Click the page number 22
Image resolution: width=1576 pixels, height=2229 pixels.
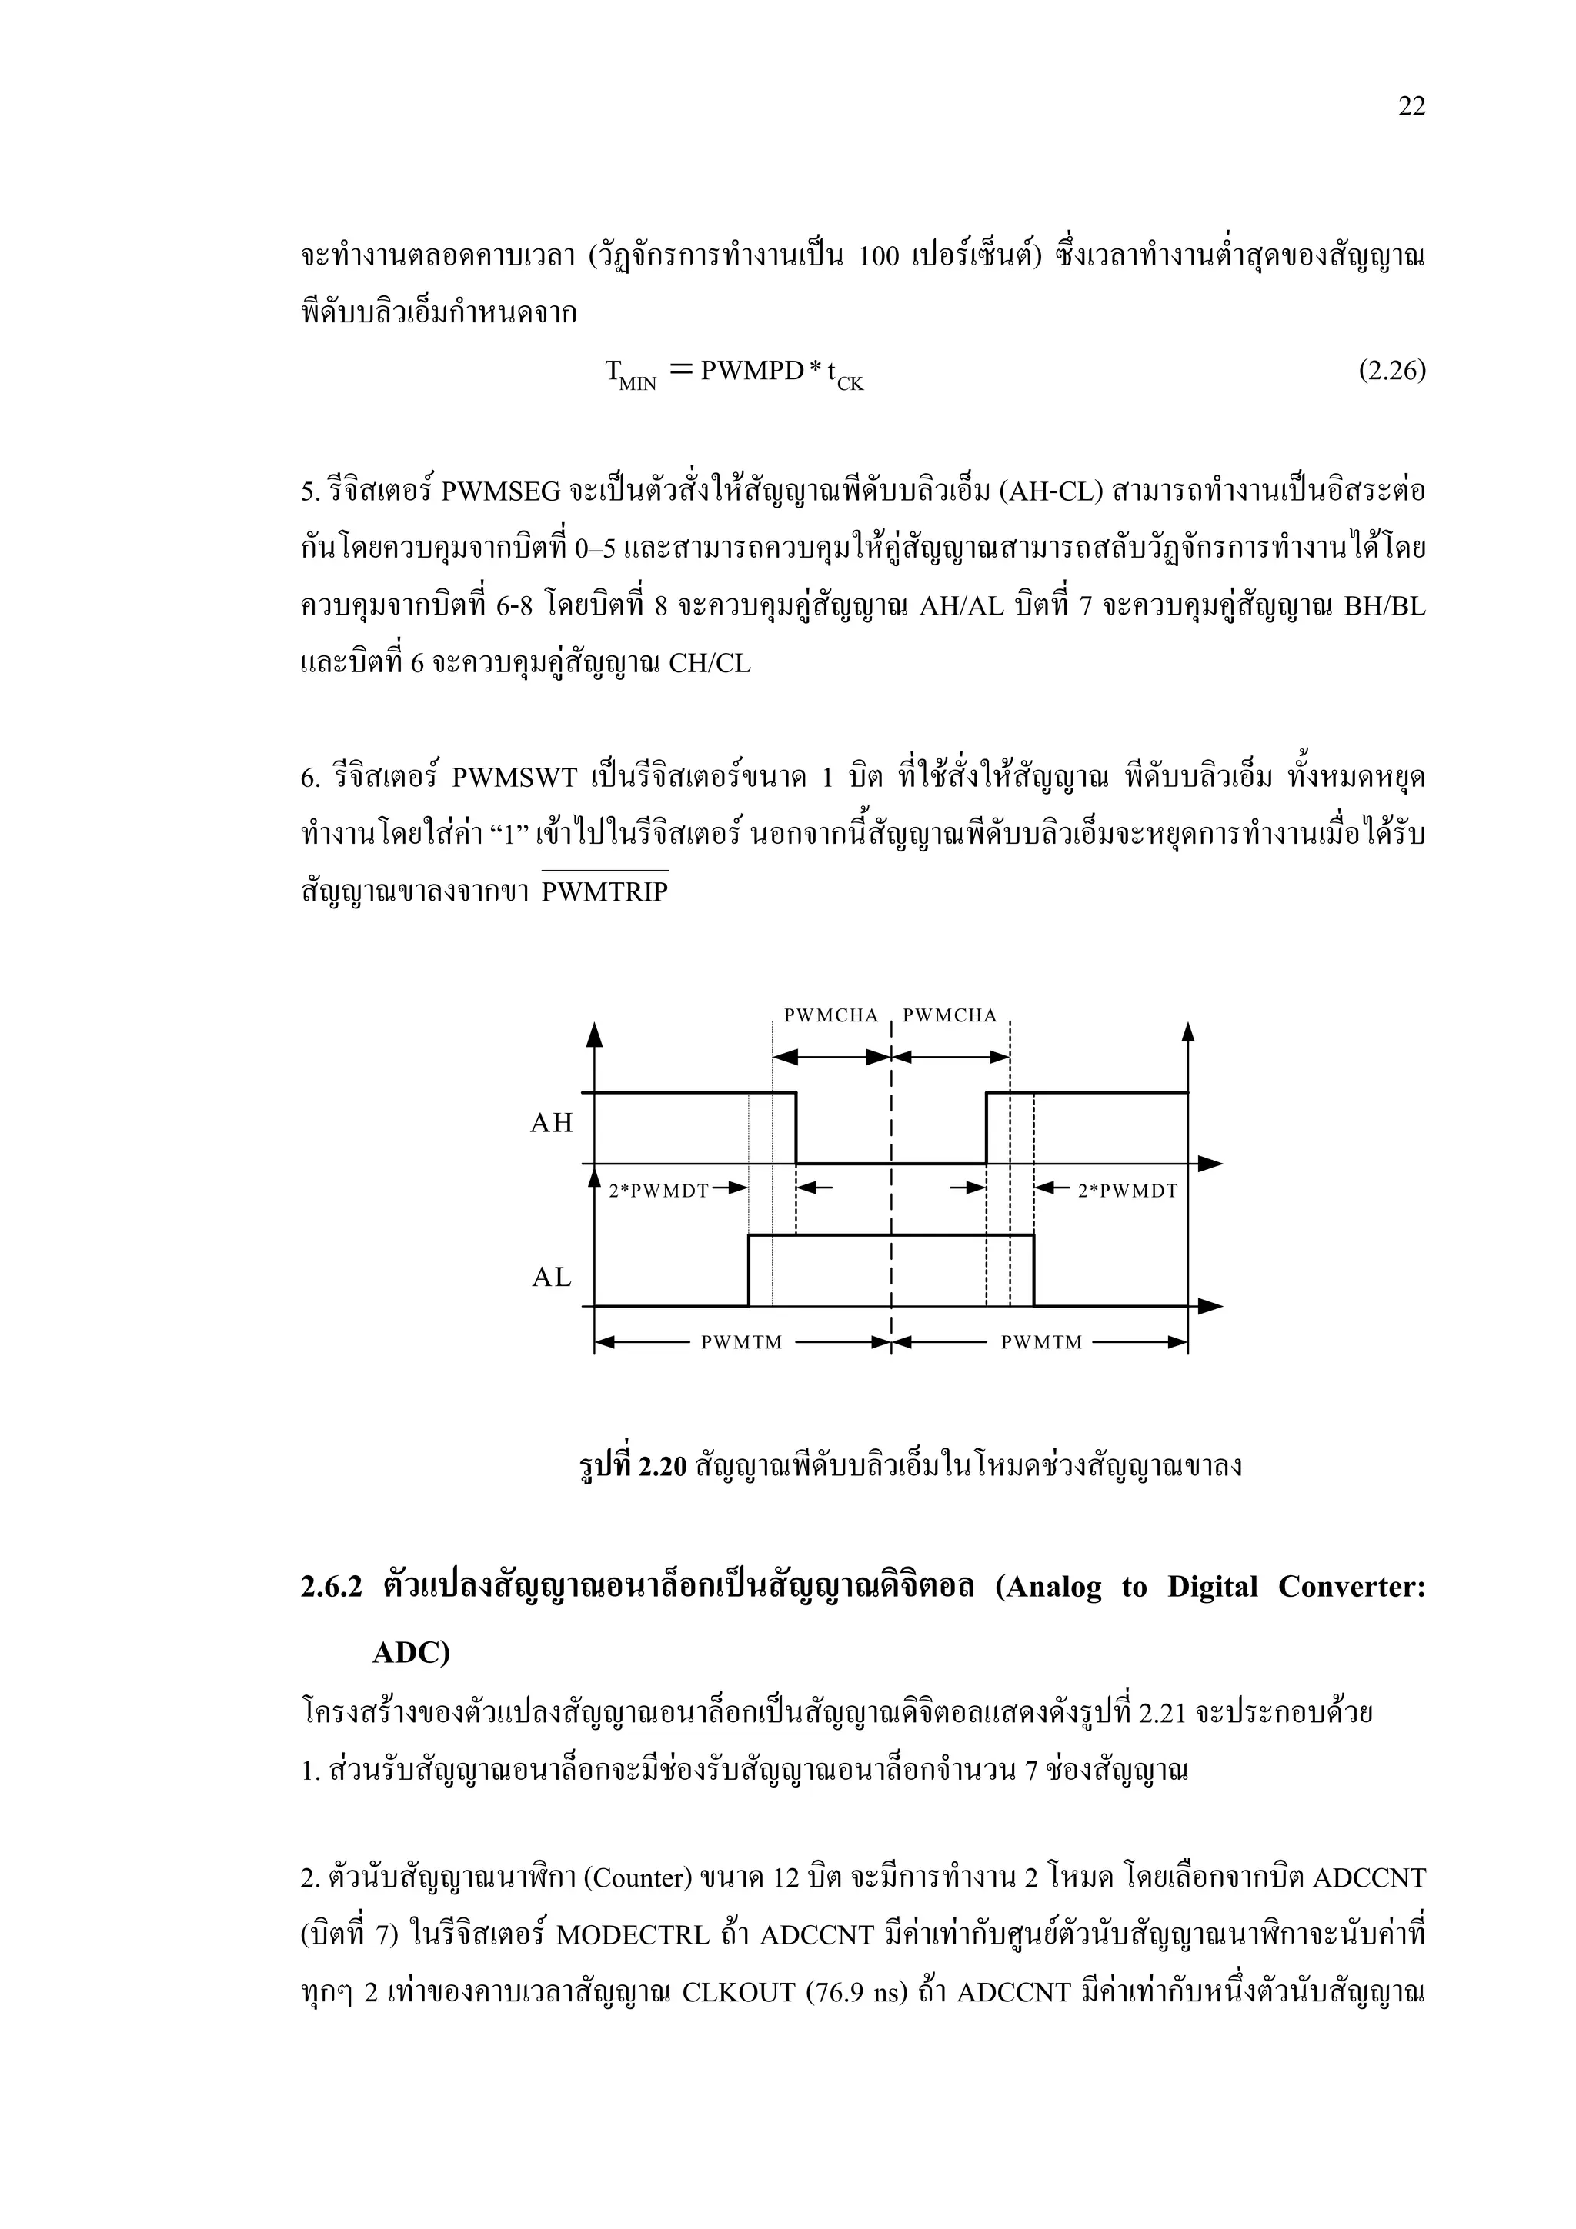tap(1411, 107)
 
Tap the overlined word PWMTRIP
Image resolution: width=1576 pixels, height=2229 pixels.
tap(605, 891)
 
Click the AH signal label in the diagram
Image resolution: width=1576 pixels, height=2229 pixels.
tap(552, 1123)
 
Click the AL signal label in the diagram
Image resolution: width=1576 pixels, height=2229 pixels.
tap(552, 1278)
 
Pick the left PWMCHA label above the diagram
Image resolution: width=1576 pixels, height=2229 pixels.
tap(830, 1015)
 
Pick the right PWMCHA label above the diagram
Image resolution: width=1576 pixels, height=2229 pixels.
tap(950, 1015)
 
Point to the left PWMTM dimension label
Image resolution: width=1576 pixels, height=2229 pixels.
tap(741, 1343)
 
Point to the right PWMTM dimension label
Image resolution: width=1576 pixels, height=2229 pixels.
tap(1041, 1343)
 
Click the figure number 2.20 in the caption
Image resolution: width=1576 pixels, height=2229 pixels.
tap(663, 1466)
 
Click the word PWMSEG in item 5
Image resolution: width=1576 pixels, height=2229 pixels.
tap(500, 492)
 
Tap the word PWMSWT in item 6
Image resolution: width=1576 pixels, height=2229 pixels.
tap(515, 778)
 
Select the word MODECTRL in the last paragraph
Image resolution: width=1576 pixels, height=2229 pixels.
tap(633, 1935)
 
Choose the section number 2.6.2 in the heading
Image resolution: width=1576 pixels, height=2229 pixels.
tap(331, 1588)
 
